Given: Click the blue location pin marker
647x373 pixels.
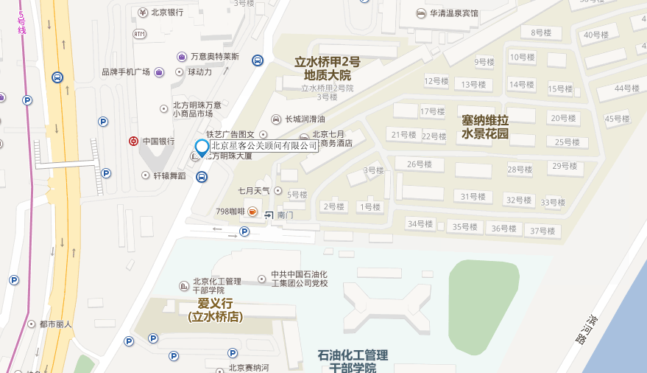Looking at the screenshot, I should (201, 147).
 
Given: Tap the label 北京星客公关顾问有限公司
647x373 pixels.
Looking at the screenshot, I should (264, 145).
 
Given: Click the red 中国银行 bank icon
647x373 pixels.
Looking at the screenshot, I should (133, 141).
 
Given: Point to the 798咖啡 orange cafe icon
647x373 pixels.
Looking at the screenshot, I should (252, 212).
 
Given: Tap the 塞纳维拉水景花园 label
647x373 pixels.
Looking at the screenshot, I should (485, 127).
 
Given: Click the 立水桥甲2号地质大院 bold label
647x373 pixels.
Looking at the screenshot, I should (328, 69).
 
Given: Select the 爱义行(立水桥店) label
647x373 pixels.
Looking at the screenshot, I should (215, 310).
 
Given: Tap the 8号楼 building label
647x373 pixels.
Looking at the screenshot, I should (541, 32).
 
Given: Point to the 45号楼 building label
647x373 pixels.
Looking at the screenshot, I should (617, 119).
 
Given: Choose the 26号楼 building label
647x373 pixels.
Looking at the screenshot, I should (419, 164).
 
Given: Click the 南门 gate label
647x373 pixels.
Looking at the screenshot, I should (286, 215).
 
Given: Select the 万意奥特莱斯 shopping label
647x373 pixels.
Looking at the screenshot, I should (215, 57).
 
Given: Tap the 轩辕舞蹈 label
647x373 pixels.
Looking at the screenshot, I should (169, 175).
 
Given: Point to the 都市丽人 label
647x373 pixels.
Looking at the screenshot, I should (55, 324).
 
